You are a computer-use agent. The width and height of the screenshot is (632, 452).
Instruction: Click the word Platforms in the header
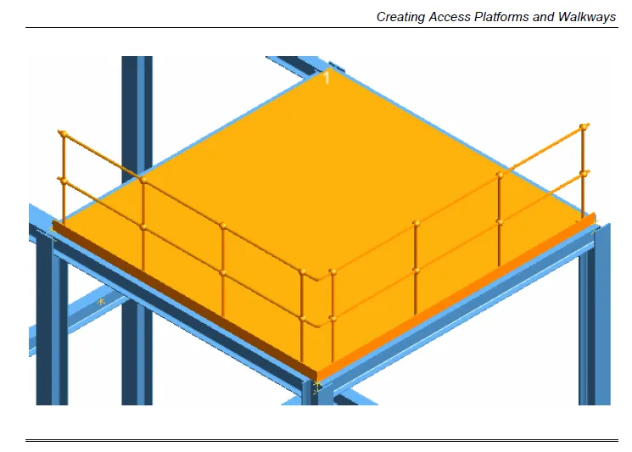[x=501, y=16]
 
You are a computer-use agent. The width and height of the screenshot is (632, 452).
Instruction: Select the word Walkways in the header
[x=587, y=16]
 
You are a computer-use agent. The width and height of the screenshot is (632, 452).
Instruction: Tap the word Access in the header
[x=450, y=16]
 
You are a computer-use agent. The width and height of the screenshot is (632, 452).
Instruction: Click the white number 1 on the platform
[x=327, y=78]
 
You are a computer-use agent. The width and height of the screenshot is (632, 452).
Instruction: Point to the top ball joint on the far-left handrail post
[x=62, y=133]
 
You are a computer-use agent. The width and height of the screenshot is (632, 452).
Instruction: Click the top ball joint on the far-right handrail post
[x=584, y=127]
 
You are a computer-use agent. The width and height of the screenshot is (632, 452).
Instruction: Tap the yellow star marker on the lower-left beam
[x=102, y=300]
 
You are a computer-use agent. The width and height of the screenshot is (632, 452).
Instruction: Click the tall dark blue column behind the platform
[x=137, y=110]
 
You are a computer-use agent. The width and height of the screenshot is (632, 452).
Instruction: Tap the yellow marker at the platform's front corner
[x=316, y=387]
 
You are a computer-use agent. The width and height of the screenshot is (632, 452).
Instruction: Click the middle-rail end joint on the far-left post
[x=62, y=181]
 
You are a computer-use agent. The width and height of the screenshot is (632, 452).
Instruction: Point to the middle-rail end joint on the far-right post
[x=584, y=173]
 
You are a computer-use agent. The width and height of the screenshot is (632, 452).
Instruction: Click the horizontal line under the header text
[x=322, y=28]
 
